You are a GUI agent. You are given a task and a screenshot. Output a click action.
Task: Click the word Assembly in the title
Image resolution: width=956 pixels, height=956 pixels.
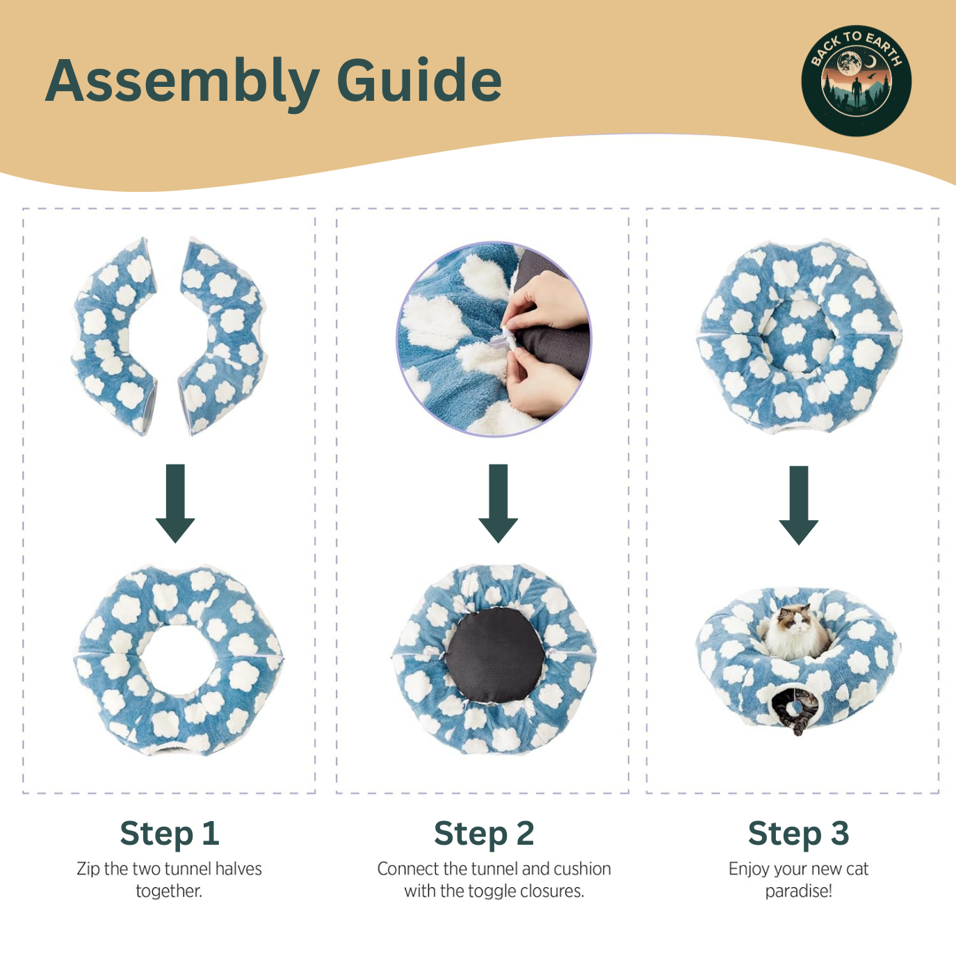(x=182, y=82)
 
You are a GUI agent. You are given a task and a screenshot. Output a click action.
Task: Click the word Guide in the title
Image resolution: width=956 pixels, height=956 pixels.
(x=419, y=81)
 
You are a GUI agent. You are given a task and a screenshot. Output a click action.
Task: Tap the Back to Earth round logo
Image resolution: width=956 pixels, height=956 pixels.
(x=856, y=81)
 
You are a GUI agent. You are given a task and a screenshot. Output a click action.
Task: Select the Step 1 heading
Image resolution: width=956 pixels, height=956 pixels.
(x=170, y=833)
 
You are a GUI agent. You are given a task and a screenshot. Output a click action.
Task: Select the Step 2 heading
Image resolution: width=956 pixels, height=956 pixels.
(x=484, y=833)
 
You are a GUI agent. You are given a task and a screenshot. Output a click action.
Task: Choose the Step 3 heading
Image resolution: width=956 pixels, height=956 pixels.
(x=798, y=833)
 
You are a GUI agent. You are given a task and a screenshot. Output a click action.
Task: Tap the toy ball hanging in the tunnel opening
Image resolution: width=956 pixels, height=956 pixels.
(x=793, y=708)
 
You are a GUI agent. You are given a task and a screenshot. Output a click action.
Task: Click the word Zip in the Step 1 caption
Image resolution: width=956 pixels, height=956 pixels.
(x=88, y=869)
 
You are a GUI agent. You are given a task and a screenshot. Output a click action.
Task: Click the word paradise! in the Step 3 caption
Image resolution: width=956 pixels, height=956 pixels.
(x=798, y=891)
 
